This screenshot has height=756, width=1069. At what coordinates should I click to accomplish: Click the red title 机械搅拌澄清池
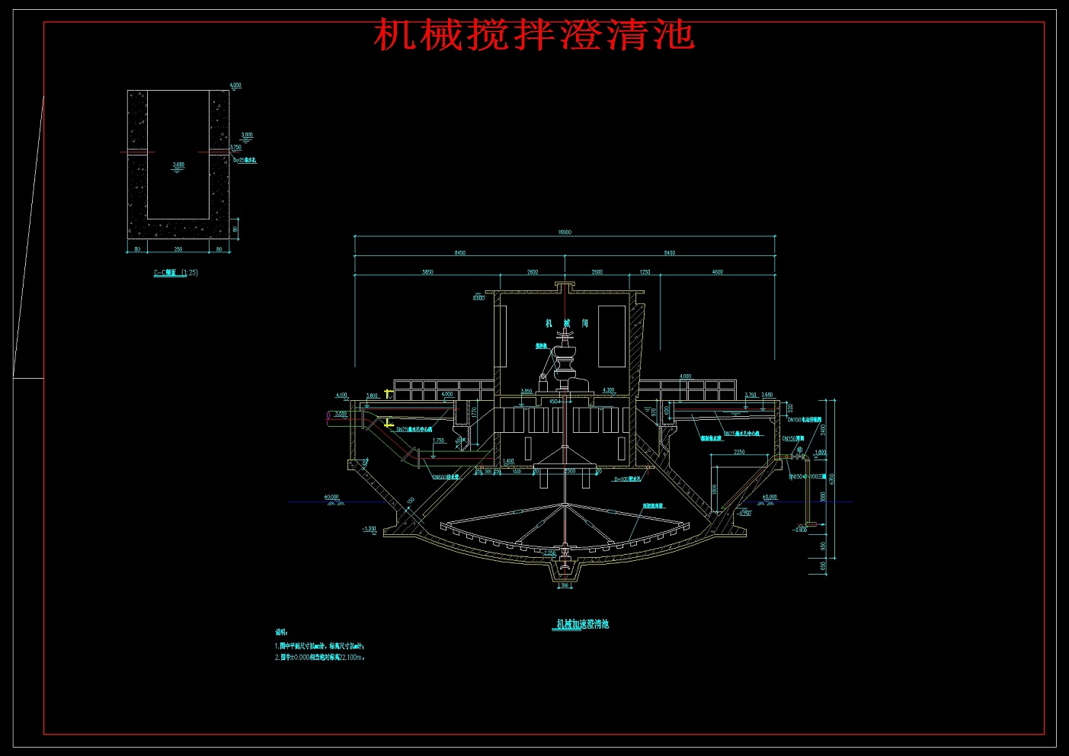point(533,35)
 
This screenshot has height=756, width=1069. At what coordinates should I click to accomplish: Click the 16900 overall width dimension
point(565,232)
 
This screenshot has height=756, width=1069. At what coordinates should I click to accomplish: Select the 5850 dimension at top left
point(427,272)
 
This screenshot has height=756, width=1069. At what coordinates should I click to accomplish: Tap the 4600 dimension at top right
point(717,272)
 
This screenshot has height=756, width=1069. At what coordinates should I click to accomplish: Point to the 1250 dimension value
point(645,272)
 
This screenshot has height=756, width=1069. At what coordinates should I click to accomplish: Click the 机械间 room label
point(566,324)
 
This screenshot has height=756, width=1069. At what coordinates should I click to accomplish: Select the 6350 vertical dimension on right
point(832,479)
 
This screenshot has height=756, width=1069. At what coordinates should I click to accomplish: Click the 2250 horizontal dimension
point(739,452)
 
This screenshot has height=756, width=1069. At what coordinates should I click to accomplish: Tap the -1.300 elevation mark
point(370,528)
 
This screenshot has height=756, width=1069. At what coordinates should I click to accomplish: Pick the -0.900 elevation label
point(799,530)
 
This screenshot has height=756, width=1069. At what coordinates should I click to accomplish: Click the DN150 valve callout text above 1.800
point(793,439)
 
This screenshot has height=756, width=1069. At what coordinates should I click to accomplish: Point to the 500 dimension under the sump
point(565,586)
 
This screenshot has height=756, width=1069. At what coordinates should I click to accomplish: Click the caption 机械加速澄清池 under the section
point(582,624)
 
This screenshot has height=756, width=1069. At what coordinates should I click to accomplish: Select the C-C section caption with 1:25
point(176,273)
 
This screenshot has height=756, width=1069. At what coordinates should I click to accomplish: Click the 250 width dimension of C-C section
point(178,249)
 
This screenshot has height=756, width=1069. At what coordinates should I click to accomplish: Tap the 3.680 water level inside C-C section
point(178,165)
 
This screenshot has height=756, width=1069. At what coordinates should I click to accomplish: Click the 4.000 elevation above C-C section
point(235,85)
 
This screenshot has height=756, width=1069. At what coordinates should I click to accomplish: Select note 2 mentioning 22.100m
point(320,657)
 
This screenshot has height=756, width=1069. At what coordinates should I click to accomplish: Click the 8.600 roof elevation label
point(478,298)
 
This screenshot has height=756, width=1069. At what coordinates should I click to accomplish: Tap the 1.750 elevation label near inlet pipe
point(438,440)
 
